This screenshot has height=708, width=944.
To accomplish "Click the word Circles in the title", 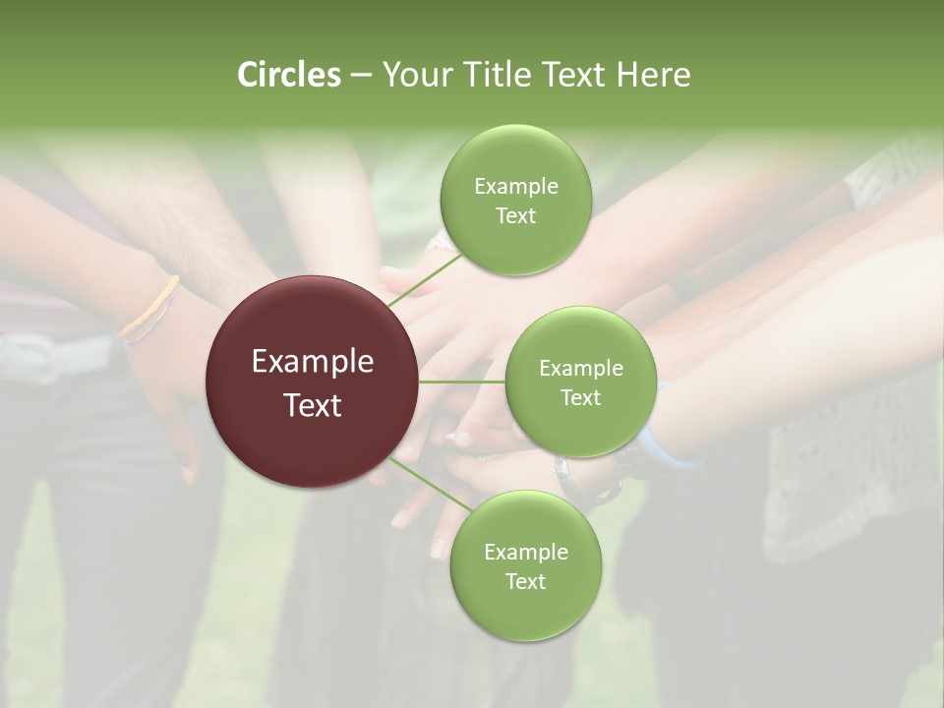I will (x=288, y=75).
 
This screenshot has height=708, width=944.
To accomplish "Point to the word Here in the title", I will (x=656, y=75).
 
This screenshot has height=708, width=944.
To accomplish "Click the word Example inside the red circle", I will (x=313, y=362).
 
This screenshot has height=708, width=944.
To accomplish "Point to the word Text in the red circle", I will (x=313, y=405).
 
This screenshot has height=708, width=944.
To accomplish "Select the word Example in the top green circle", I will (x=515, y=187).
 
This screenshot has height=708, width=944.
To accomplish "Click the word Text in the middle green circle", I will (x=580, y=397).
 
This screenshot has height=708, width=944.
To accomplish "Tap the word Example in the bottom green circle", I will (x=525, y=552).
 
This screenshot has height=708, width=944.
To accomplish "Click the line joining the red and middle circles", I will (x=462, y=382).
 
